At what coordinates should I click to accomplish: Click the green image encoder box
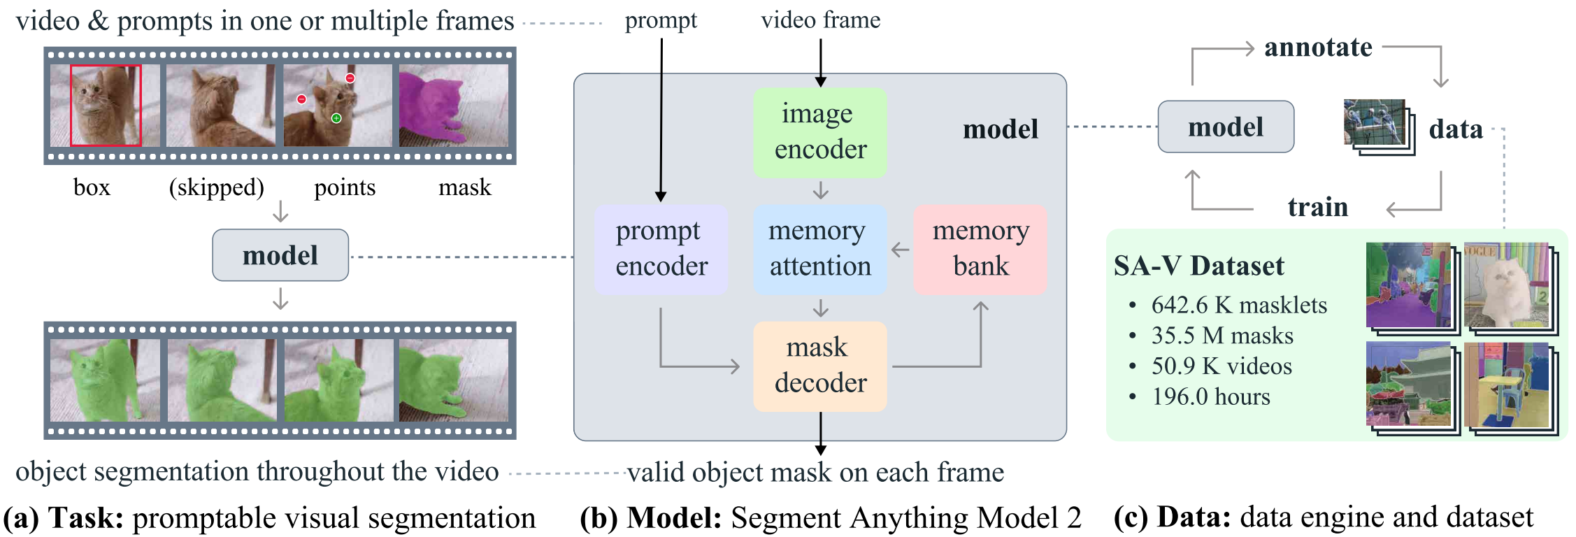click(819, 132)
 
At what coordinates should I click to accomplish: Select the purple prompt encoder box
click(661, 249)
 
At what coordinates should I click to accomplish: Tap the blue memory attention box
click(819, 249)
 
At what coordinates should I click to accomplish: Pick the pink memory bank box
click(980, 249)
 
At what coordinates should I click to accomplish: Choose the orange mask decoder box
click(819, 366)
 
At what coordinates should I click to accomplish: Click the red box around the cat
click(106, 106)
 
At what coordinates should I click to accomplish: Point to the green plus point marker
click(336, 118)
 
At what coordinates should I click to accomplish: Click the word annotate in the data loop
click(1318, 48)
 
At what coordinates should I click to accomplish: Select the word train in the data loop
click(1318, 207)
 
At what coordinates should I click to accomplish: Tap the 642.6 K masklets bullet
click(1238, 306)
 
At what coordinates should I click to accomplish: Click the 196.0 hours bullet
click(1210, 397)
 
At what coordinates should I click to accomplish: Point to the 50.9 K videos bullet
click(1222, 366)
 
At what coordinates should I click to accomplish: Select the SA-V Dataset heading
click(1198, 266)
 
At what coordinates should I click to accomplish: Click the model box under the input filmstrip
click(280, 255)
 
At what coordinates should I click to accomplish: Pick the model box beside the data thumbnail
click(1226, 127)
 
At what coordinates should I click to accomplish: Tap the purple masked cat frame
click(454, 106)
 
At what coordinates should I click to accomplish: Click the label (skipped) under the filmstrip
click(217, 187)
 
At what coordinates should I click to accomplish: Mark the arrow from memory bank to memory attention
click(901, 250)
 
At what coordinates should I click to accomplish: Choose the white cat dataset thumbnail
click(1507, 285)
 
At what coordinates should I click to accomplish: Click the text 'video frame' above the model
click(820, 20)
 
